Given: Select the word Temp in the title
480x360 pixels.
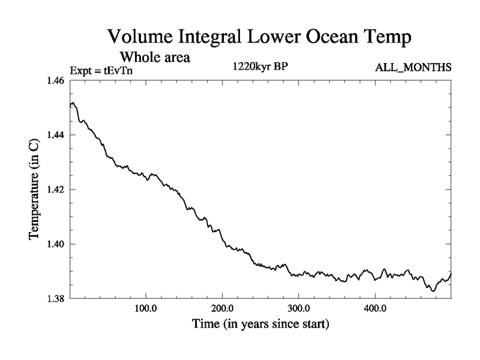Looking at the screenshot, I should point(385,38).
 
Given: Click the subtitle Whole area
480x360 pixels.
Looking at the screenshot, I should point(155,58).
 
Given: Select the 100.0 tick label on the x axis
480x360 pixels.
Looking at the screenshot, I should point(146,310).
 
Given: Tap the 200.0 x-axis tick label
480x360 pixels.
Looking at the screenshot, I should point(222,310).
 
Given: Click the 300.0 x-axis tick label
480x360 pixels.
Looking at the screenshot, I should point(298,310).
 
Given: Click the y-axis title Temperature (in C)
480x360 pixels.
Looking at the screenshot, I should point(35,190).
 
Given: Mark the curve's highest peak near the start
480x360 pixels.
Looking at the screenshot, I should point(72,103).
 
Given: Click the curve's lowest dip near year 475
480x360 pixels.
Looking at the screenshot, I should point(433,291).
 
